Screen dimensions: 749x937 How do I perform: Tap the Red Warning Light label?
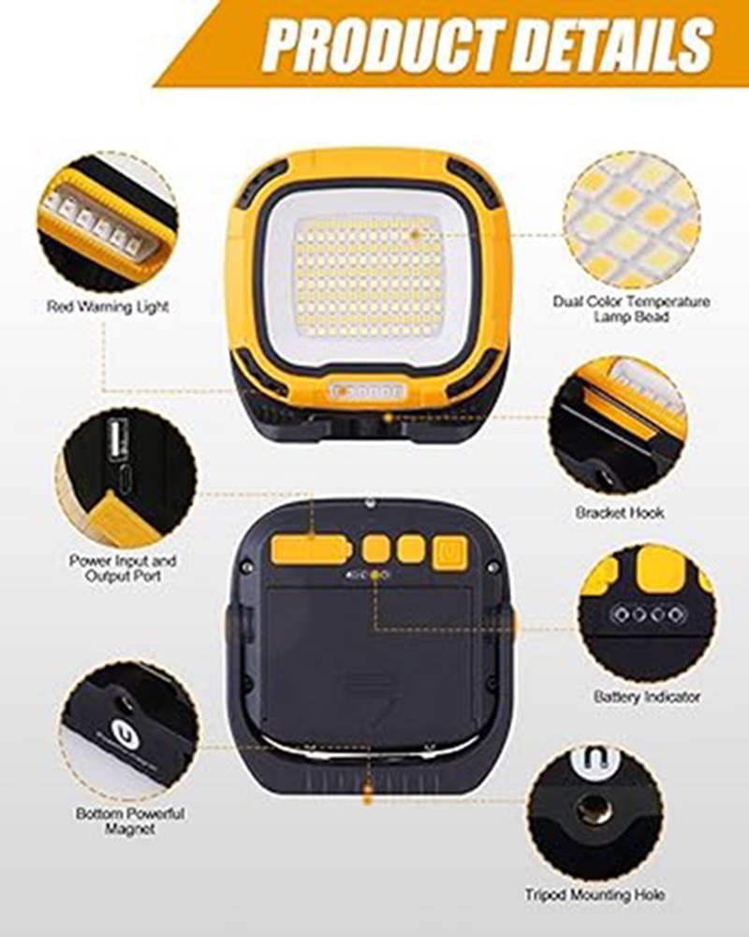pos(108,307)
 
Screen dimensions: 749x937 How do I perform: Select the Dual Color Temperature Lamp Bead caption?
pos(631,308)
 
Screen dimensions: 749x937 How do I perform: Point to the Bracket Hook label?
pos(620,513)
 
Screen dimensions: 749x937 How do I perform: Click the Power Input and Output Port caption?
pos(123,568)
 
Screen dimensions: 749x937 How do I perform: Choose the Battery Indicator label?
pos(647,696)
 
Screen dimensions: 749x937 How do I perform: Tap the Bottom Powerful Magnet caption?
pos(130,821)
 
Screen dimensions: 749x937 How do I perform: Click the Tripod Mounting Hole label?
pos(595,895)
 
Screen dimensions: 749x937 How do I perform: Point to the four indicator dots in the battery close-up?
pos(646,614)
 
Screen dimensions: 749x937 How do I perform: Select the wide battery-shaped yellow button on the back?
pos(310,549)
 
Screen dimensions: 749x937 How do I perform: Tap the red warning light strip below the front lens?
pos(368,391)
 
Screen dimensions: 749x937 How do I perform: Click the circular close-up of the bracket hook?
pos(618,425)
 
